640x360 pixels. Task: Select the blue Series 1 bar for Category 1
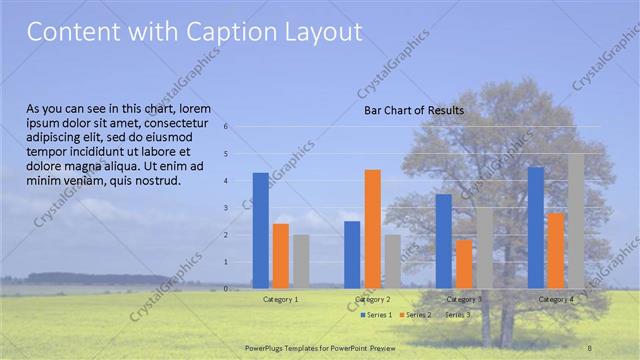[260, 231]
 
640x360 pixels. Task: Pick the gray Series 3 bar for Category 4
[576, 221]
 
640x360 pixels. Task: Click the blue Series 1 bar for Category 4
[536, 228]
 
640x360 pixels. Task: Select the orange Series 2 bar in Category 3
[464, 264]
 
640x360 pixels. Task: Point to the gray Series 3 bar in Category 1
[301, 262]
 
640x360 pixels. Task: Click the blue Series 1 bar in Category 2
[352, 255]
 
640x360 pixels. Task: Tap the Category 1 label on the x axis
[280, 299]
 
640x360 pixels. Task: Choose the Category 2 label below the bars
[372, 299]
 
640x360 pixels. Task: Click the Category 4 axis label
[556, 299]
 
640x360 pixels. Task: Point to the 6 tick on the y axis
[227, 127]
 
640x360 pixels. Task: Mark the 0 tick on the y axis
[227, 289]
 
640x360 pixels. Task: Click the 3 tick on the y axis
[227, 208]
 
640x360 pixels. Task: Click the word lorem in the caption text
[196, 107]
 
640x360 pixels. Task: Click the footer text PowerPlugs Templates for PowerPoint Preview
[320, 347]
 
